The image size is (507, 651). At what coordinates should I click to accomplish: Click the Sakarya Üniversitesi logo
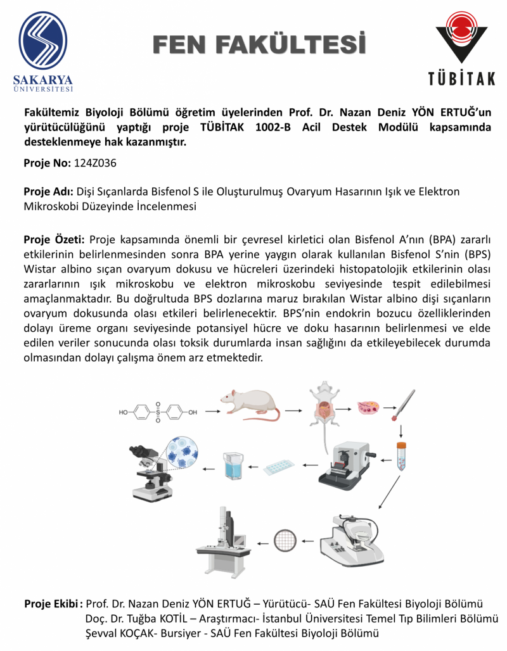[x=42, y=51]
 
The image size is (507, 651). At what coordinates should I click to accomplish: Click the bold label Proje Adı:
[x=49, y=191]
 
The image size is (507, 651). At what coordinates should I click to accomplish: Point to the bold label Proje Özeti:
[x=54, y=239]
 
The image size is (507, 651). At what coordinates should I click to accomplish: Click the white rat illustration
[x=250, y=405]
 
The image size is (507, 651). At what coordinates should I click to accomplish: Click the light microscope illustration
[x=151, y=472]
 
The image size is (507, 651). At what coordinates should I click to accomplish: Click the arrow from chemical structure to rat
[x=212, y=412]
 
